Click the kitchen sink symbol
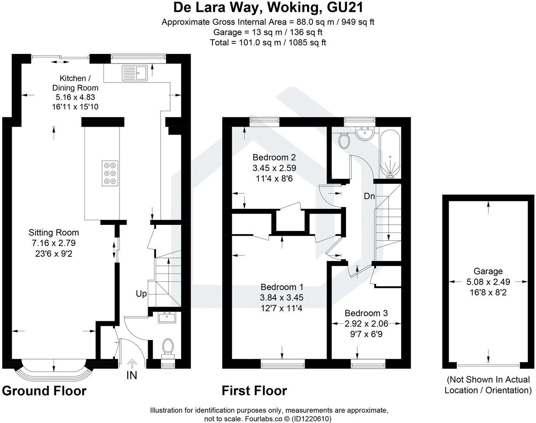(x=135, y=73)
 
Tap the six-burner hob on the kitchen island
(x=110, y=173)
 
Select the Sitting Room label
(x=54, y=232)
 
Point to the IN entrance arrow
(x=132, y=364)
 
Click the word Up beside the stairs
(x=141, y=294)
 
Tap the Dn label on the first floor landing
(x=369, y=196)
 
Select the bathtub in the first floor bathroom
(x=390, y=154)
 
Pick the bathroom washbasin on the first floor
(x=364, y=133)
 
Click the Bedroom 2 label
(x=274, y=157)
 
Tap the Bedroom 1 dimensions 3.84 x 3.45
(x=281, y=297)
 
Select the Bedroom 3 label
(x=366, y=313)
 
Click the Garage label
(x=488, y=271)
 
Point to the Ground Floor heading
(x=44, y=391)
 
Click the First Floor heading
(x=254, y=391)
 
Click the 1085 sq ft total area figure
(x=307, y=43)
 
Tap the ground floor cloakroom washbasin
(x=167, y=317)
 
